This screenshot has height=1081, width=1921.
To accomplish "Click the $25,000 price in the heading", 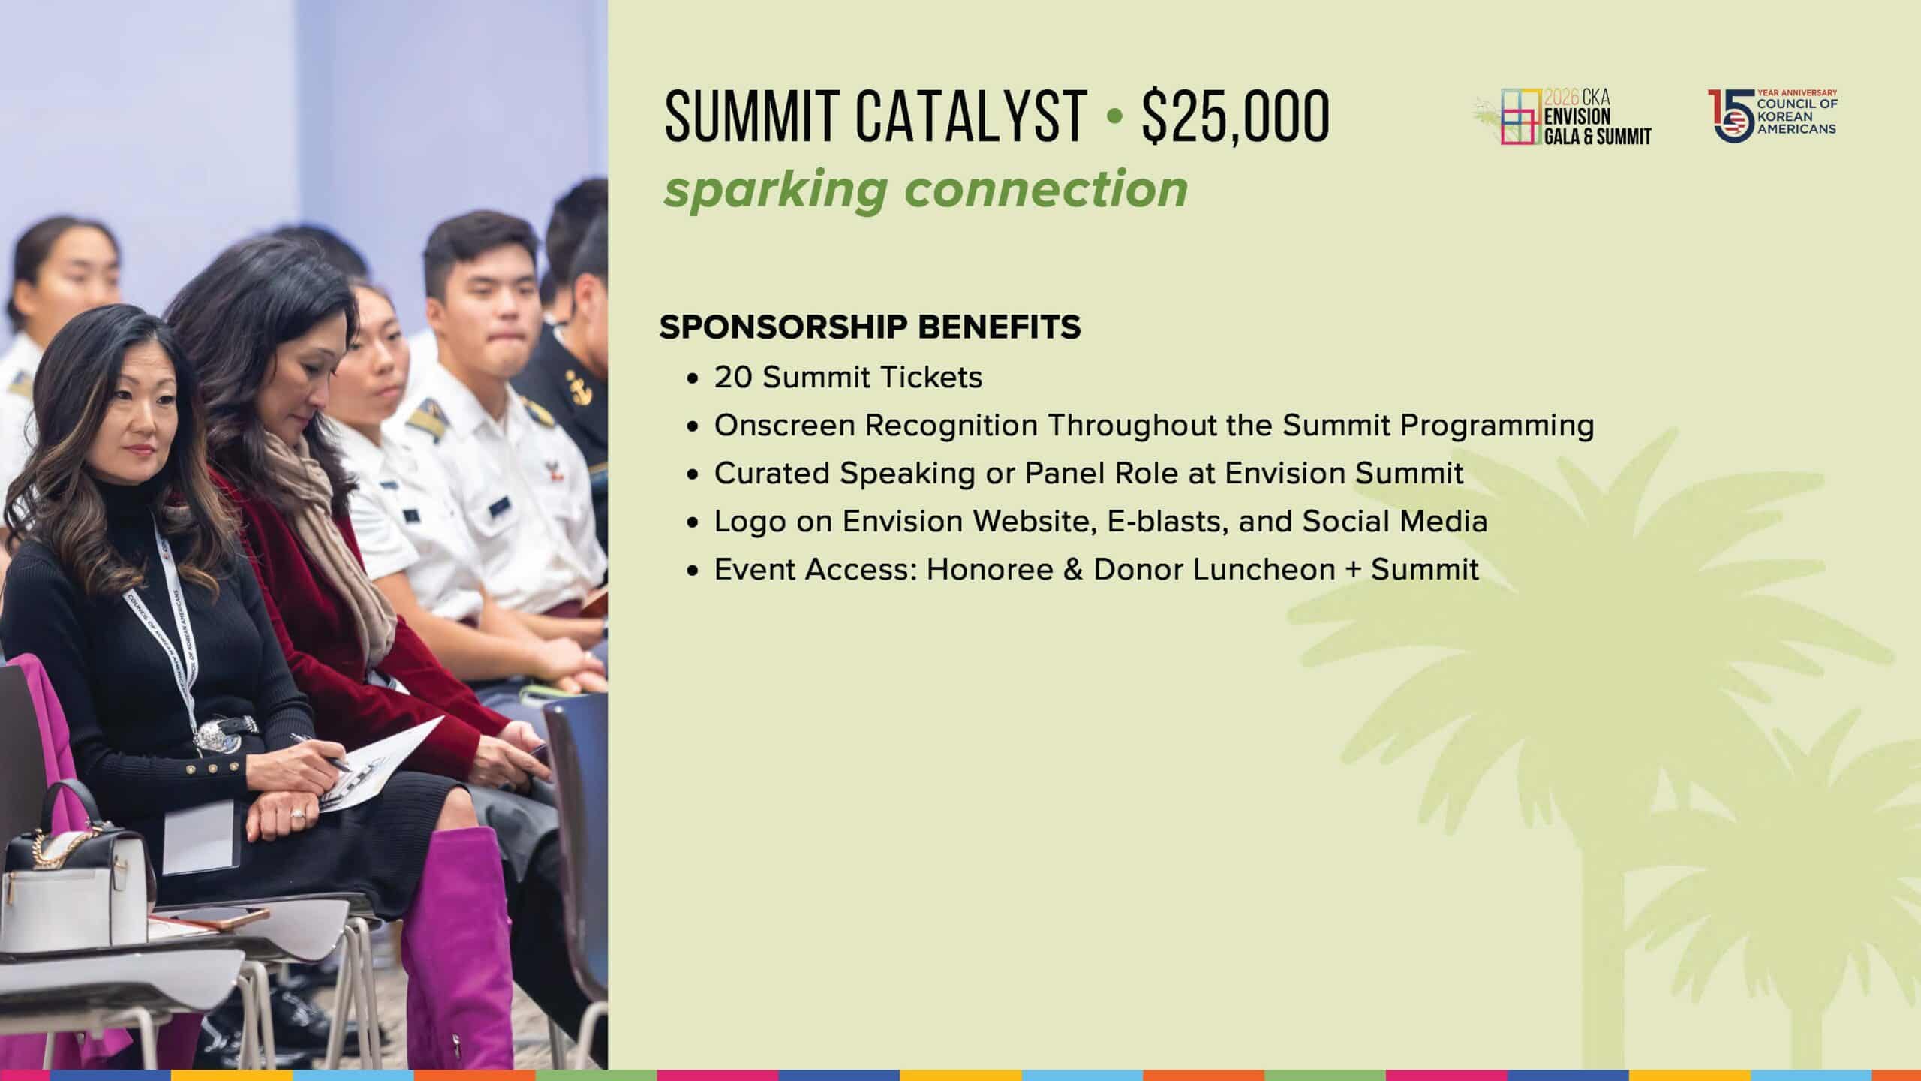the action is click(1235, 116).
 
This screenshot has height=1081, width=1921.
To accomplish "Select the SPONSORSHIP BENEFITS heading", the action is click(870, 327).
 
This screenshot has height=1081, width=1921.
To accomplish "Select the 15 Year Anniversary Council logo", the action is click(1772, 116).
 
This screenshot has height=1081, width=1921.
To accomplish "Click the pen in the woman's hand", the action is click(320, 751).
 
